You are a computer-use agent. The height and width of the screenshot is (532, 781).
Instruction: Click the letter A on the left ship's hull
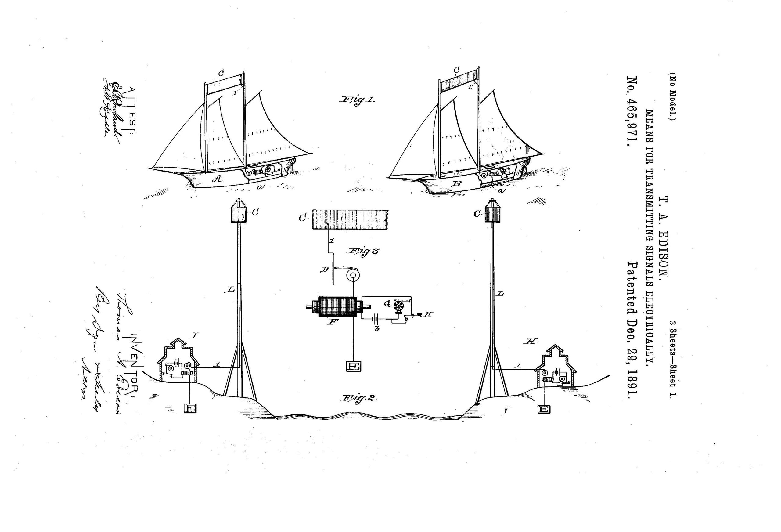(x=218, y=179)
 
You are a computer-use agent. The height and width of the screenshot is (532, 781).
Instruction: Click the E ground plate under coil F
(x=354, y=366)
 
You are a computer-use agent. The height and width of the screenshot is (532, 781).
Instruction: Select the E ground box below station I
(x=190, y=408)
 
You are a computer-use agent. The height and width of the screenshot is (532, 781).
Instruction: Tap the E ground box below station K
(x=544, y=409)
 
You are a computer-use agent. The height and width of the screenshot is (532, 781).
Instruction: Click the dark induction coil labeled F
(x=337, y=306)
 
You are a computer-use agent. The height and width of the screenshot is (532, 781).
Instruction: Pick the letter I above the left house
(x=195, y=335)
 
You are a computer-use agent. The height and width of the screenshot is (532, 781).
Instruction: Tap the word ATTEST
(x=132, y=111)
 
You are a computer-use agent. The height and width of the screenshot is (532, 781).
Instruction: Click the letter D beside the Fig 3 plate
(x=325, y=269)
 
